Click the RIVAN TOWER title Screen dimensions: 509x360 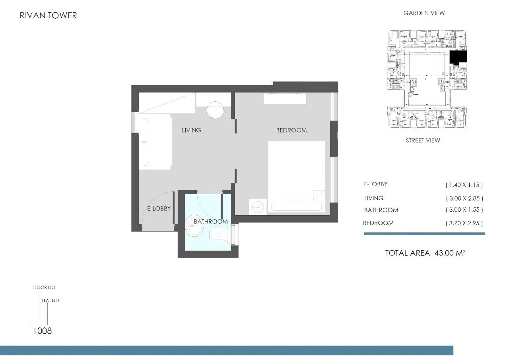click(x=48, y=16)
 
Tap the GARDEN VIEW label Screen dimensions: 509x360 click(x=424, y=13)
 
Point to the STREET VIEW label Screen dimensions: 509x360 click(x=423, y=140)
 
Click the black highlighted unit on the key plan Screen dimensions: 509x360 click(x=458, y=57)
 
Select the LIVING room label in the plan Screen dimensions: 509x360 click(x=192, y=130)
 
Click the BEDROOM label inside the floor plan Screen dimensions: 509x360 click(x=291, y=130)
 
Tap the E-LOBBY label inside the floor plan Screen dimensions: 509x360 click(x=159, y=208)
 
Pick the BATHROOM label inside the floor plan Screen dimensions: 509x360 click(x=211, y=221)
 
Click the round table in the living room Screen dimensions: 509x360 click(x=215, y=110)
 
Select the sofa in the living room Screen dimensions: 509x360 click(x=155, y=142)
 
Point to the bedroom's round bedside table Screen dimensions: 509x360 click(x=258, y=207)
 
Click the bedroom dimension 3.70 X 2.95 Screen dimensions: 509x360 click(x=464, y=223)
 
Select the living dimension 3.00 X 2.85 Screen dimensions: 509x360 click(x=464, y=198)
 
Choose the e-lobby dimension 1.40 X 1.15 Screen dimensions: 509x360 click(x=464, y=185)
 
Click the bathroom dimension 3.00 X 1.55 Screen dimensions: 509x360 click(x=464, y=210)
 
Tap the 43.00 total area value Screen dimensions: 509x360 click(x=444, y=253)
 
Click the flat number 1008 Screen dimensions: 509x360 click(x=43, y=331)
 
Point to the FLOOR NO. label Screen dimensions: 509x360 click(x=44, y=287)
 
